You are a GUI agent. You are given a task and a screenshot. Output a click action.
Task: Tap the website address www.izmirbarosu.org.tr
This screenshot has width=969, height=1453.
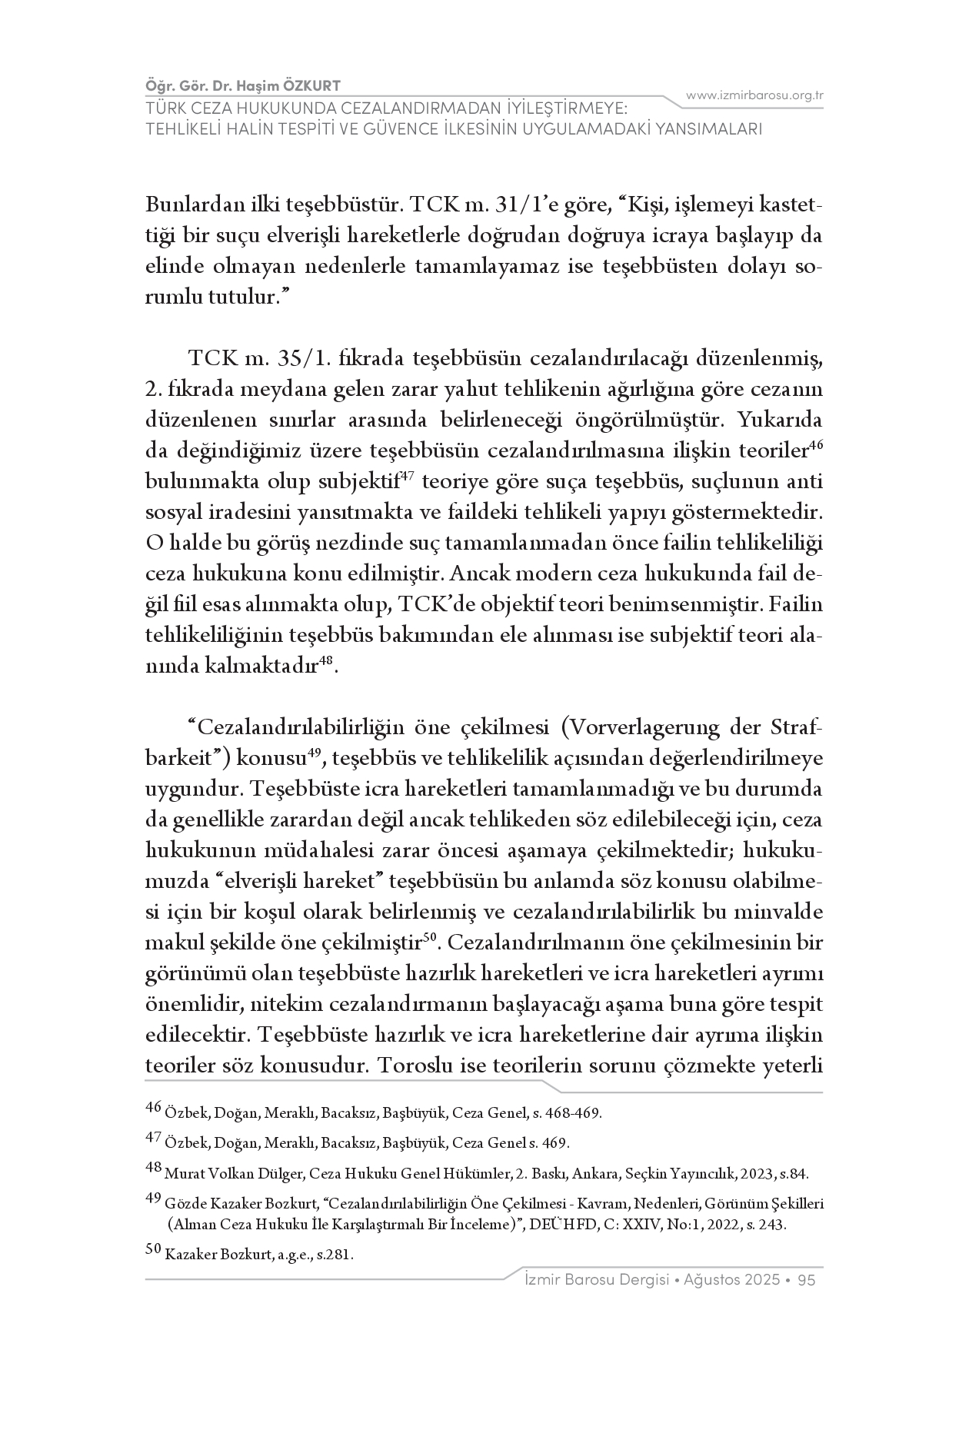(754, 95)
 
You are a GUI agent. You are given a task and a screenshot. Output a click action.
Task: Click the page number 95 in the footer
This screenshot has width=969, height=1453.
(807, 1280)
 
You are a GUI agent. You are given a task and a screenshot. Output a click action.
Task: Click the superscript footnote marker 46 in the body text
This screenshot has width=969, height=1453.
(817, 445)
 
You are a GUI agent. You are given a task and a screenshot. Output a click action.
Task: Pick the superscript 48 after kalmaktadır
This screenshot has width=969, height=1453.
(326, 660)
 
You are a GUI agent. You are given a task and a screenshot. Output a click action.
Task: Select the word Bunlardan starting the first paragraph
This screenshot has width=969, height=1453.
(188, 206)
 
